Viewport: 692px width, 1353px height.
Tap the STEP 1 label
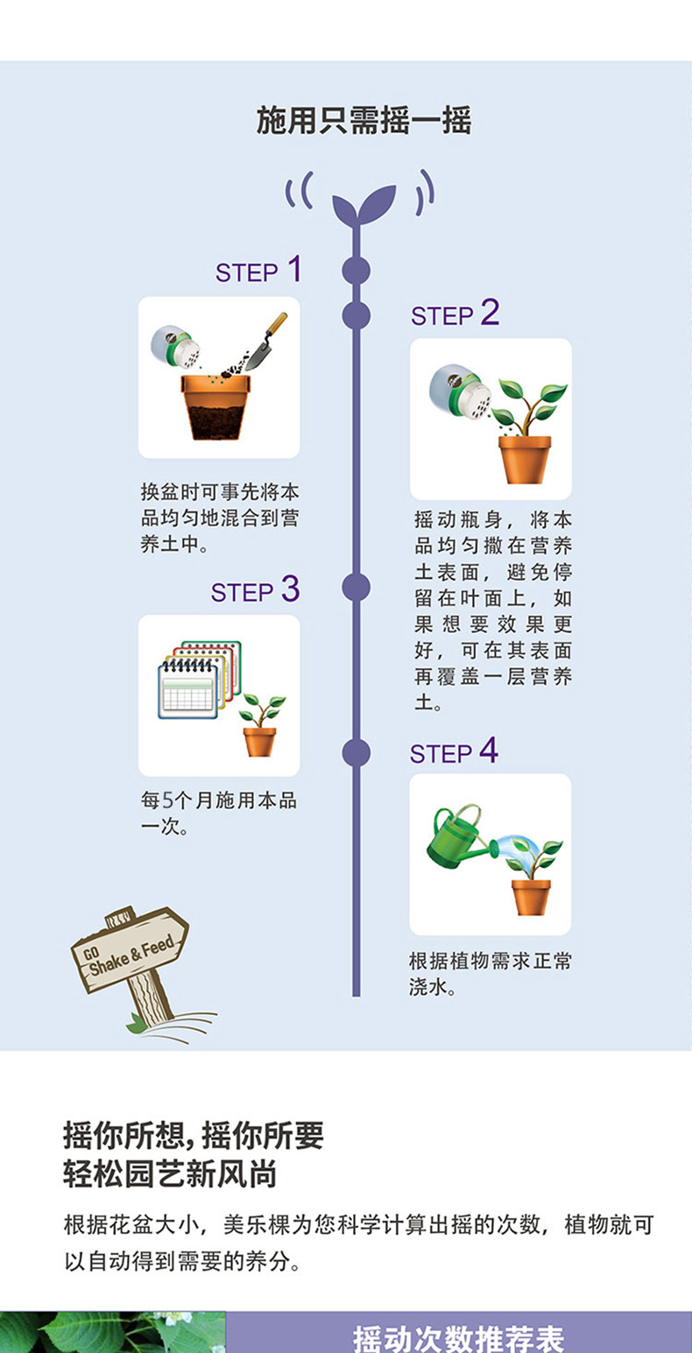[x=258, y=271]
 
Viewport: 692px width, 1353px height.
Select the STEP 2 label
[x=455, y=314]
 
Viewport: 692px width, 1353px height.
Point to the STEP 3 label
[x=255, y=592]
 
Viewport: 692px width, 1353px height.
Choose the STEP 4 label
[x=454, y=753]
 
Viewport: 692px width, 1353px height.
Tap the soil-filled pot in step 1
[x=215, y=405]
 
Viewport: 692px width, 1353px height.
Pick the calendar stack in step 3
[x=198, y=679]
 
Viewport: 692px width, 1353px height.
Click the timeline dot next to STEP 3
[x=356, y=587]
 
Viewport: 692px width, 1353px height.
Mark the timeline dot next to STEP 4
[x=356, y=753]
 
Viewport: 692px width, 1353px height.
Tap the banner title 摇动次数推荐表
[x=458, y=1337]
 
